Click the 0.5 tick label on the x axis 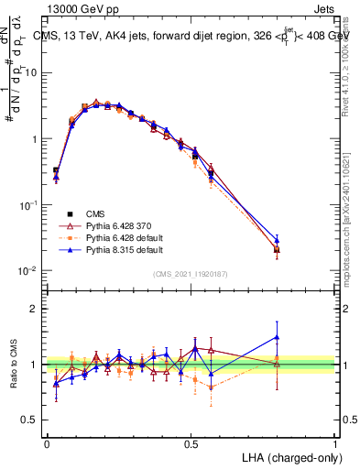pos(191,443)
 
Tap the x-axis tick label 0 pos(47,443)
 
